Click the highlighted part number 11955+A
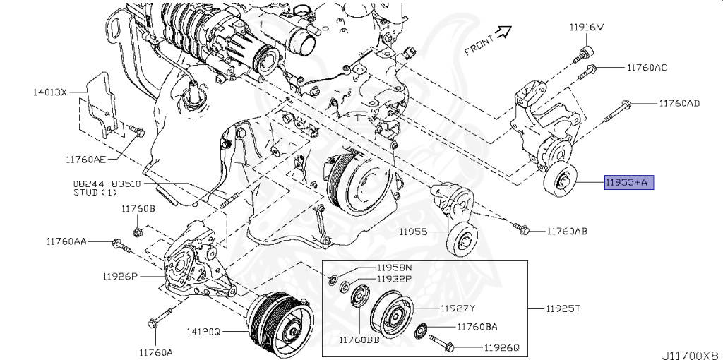628,184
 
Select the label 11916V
587,28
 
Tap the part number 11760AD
679,103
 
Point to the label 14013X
49,92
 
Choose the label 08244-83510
107,183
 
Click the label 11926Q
501,347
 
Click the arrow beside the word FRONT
503,31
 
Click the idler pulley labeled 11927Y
390,314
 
